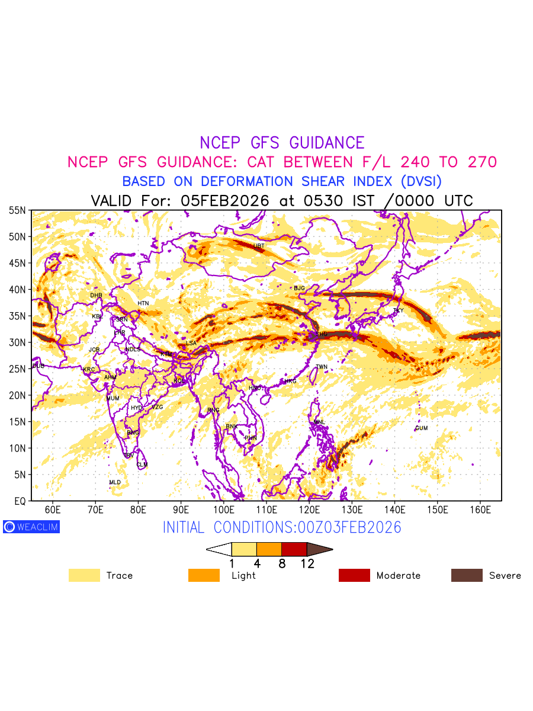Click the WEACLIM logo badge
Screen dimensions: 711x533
[31, 527]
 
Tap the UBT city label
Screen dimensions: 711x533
[259, 246]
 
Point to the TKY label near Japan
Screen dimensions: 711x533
[398, 310]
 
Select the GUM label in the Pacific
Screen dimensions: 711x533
[421, 428]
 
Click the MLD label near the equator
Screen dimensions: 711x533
[115, 482]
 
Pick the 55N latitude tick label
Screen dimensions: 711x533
[17, 210]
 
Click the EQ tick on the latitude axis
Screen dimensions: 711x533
[20, 501]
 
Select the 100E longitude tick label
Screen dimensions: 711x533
[224, 510]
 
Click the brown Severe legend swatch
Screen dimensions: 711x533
[467, 575]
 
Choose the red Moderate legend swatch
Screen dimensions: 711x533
[354, 575]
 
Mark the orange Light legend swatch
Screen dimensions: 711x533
[204, 575]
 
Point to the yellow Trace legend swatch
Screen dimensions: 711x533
[84, 575]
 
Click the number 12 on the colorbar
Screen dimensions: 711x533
[307, 564]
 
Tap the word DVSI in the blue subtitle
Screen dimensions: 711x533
[420, 181]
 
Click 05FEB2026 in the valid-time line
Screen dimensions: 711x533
[225, 201]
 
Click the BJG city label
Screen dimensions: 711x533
[299, 288]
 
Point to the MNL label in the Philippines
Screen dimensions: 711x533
[320, 422]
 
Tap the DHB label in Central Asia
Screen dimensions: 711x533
[96, 295]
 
